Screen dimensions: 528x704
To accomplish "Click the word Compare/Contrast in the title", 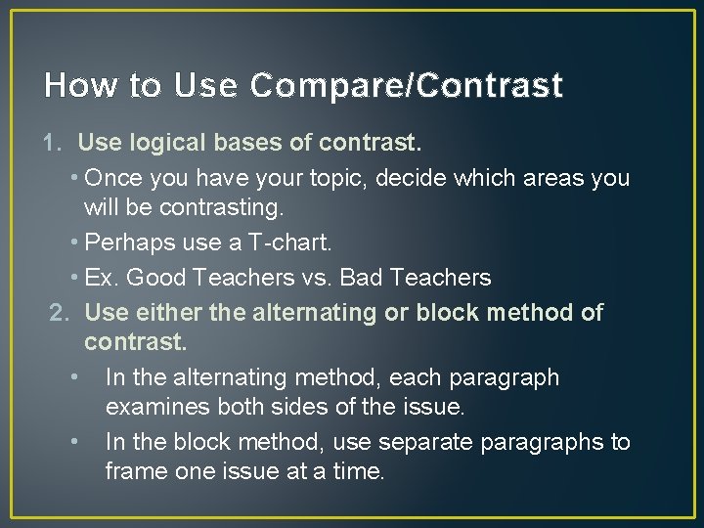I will click(x=406, y=86).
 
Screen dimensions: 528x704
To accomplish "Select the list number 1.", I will click(x=54, y=144).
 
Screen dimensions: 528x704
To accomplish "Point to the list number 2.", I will click(x=60, y=313).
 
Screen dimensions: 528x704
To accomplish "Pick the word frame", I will click(x=135, y=471).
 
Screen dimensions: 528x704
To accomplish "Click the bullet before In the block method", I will click(x=74, y=442).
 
